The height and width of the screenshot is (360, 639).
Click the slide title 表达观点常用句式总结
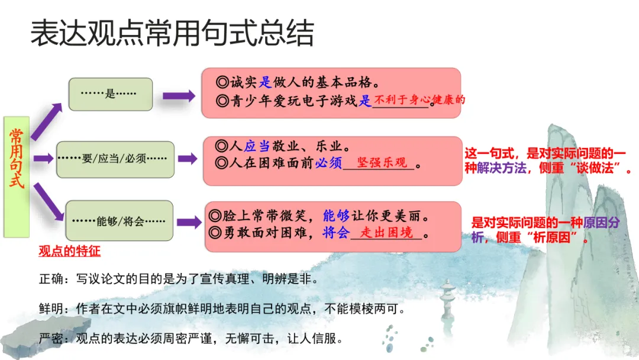click(x=172, y=34)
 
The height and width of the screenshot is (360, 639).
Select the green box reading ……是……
click(x=111, y=94)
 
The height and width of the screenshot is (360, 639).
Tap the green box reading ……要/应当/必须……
click(x=115, y=159)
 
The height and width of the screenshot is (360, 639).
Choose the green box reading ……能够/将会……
click(x=119, y=221)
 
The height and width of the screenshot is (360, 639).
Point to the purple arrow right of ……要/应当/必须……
click(x=188, y=159)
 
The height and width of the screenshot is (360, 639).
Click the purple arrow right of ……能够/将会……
click(x=189, y=223)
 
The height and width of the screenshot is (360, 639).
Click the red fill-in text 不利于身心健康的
click(x=421, y=100)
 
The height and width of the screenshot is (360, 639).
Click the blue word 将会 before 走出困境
click(x=336, y=233)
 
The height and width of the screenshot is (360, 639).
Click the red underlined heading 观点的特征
click(x=69, y=251)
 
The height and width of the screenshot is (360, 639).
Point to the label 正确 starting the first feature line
click(x=49, y=278)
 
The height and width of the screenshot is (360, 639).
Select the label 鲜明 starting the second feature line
click(x=49, y=308)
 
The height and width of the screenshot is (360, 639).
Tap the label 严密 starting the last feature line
click(x=49, y=339)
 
